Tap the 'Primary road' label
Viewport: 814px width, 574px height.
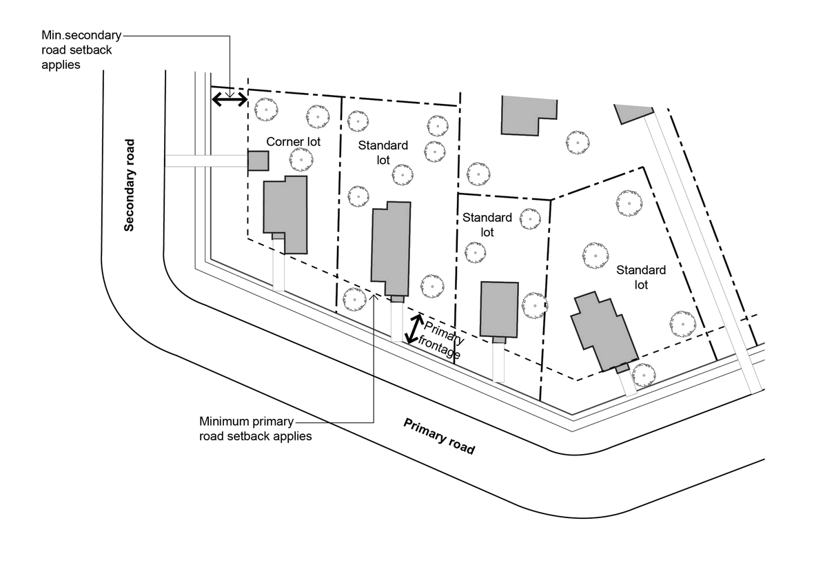(x=439, y=436)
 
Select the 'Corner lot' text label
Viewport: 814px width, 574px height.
(x=294, y=142)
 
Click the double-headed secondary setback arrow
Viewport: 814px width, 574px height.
(x=229, y=100)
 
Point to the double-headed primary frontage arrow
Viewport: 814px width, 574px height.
(x=414, y=329)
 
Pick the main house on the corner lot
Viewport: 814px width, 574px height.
(x=285, y=213)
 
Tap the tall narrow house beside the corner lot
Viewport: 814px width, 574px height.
(x=391, y=249)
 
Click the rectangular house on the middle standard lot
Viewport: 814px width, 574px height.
(x=499, y=308)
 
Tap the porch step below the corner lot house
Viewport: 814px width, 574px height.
(x=278, y=236)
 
